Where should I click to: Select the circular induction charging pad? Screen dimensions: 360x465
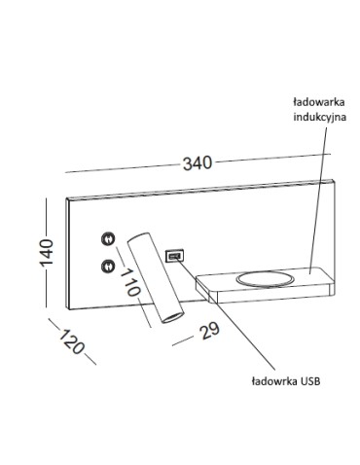[265, 279]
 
